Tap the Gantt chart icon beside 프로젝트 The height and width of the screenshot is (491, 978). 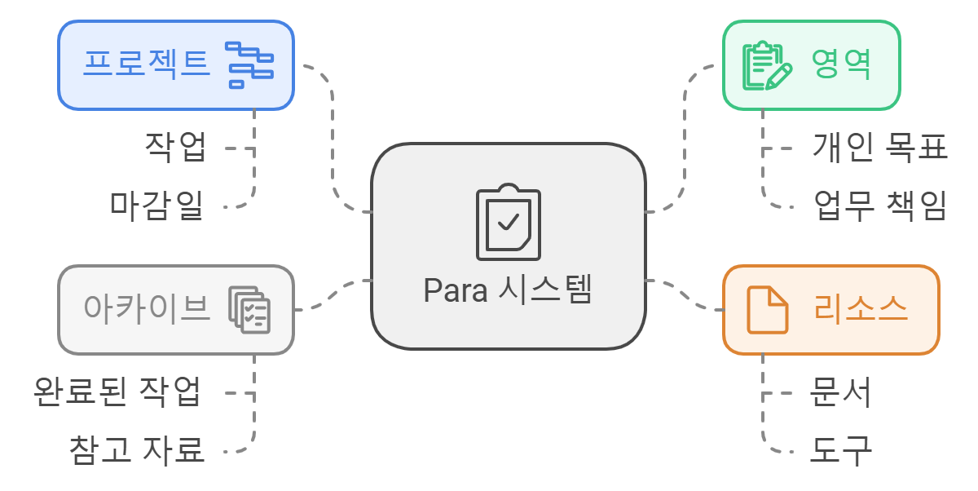coord(249,64)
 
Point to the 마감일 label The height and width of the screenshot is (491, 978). coord(156,204)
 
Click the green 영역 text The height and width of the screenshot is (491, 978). coord(842,64)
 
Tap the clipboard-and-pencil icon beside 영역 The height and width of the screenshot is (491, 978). coord(767,65)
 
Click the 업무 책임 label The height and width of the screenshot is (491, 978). coord(880,206)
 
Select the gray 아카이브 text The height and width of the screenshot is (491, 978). coord(147,308)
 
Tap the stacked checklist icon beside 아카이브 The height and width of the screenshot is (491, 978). coord(249,310)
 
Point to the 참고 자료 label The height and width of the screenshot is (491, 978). coord(136,449)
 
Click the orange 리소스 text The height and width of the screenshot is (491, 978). coord(861,309)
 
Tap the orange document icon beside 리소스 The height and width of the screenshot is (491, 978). coord(768,310)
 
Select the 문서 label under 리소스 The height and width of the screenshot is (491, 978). coord(840,392)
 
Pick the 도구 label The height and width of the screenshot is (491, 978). coord(840,449)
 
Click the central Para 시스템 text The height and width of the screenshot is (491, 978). coord(507,290)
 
